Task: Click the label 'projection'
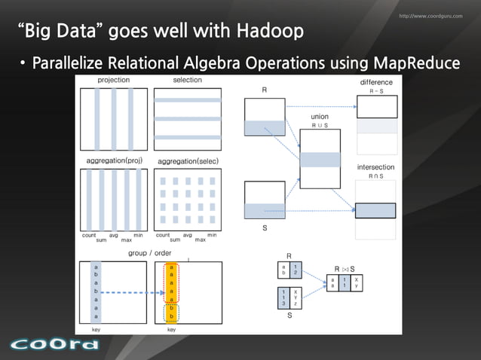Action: pyautogui.click(x=114, y=80)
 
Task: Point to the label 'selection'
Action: pyautogui.click(x=187, y=80)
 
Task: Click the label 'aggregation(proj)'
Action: pyautogui.click(x=114, y=161)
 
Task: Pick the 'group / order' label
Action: pyautogui.click(x=150, y=253)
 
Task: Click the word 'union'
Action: pyautogui.click(x=320, y=117)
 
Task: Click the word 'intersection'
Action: pyautogui.click(x=376, y=166)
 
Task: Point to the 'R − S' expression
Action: pyautogui.click(x=376, y=90)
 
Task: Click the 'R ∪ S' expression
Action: pyautogui.click(x=320, y=126)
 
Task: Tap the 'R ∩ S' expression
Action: pyautogui.click(x=376, y=175)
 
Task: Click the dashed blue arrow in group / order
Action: pyautogui.click(x=131, y=291)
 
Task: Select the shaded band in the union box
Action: pyautogui.click(x=320, y=159)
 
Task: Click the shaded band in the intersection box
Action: pyautogui.click(x=376, y=210)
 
